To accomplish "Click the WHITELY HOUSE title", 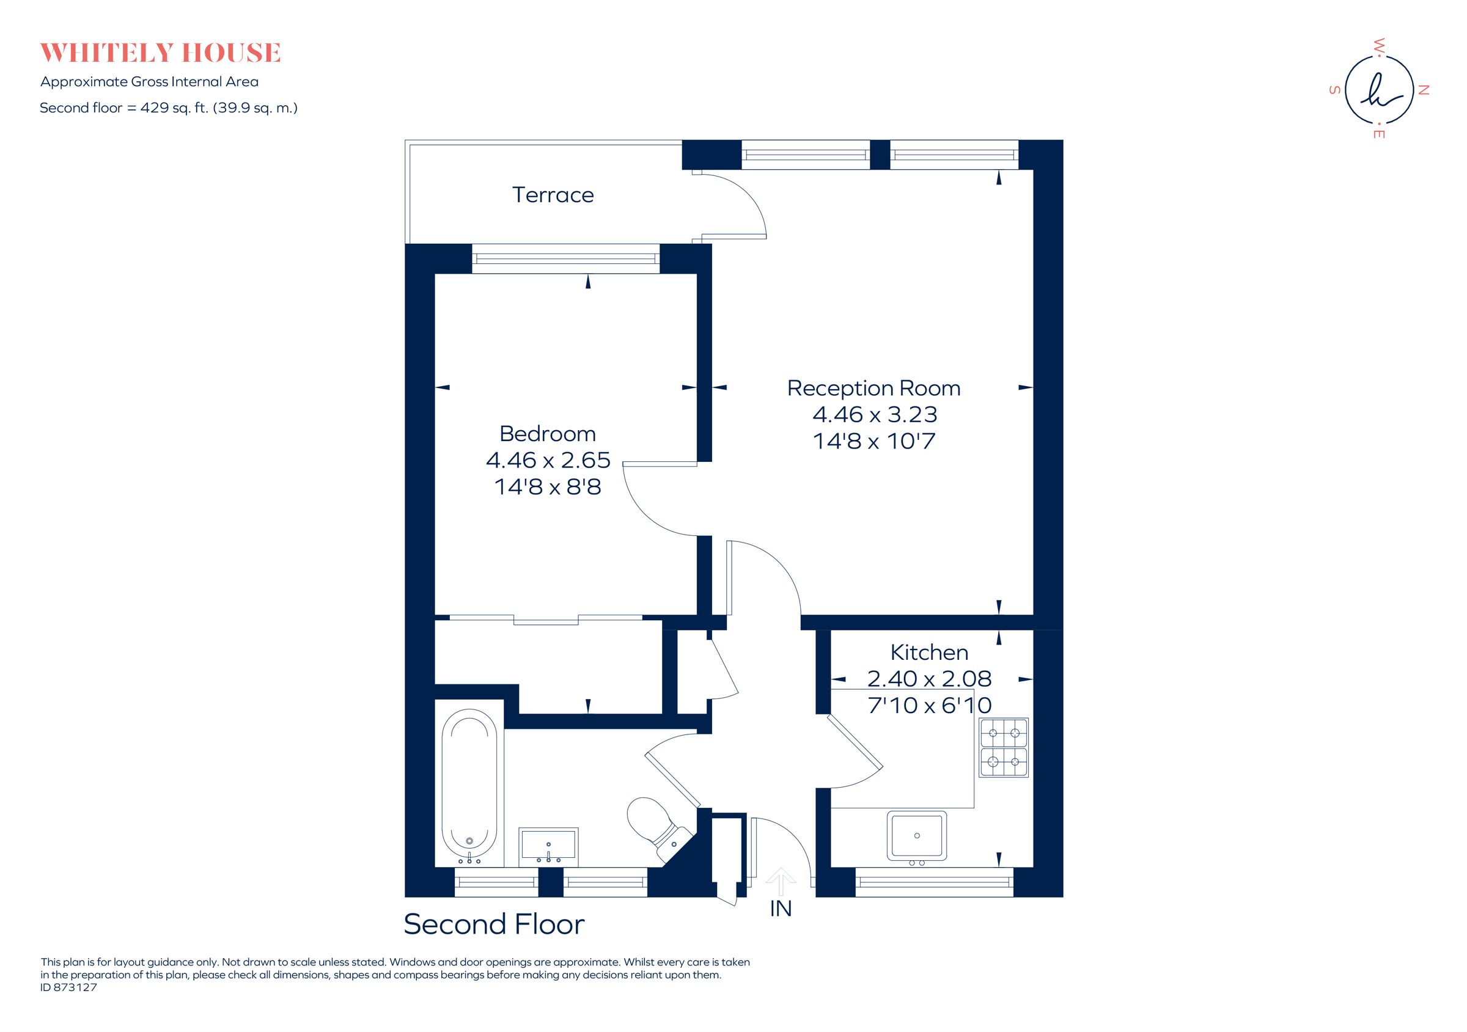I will coord(160,53).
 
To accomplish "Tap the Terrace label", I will coord(553,195).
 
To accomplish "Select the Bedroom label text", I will coord(548,434).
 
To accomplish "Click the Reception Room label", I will coord(873,387).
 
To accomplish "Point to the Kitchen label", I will coord(929,652).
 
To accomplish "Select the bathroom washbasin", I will coord(548,845).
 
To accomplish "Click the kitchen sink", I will coord(916,835).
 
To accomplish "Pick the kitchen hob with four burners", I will coord(1003,747).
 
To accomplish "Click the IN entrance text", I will coord(781,909).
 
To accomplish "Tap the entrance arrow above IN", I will coord(781,882).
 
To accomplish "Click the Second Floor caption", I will coord(494,924).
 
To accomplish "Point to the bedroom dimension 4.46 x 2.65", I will coord(548,460).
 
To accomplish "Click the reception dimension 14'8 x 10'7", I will coord(873,441).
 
